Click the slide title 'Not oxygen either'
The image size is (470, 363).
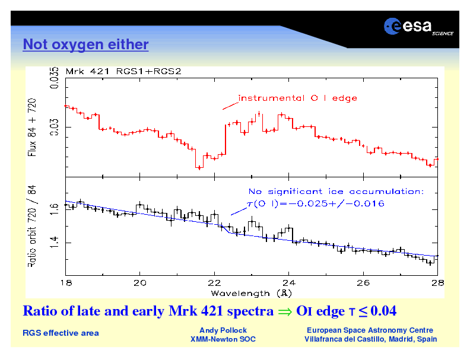(x=85, y=44)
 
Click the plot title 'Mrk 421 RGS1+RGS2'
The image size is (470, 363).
(x=123, y=71)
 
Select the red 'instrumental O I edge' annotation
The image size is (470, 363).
(x=297, y=98)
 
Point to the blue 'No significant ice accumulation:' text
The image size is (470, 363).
(x=336, y=192)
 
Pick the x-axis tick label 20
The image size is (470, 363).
(x=139, y=283)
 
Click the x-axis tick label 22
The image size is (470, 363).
(x=214, y=283)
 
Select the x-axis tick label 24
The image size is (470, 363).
(x=288, y=283)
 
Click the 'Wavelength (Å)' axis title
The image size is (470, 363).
(x=249, y=293)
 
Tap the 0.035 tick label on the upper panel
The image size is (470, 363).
(x=54, y=78)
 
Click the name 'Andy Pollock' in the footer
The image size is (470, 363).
(x=223, y=330)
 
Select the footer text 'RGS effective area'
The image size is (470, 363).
(x=61, y=333)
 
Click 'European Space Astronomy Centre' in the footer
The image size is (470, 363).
(x=370, y=330)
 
